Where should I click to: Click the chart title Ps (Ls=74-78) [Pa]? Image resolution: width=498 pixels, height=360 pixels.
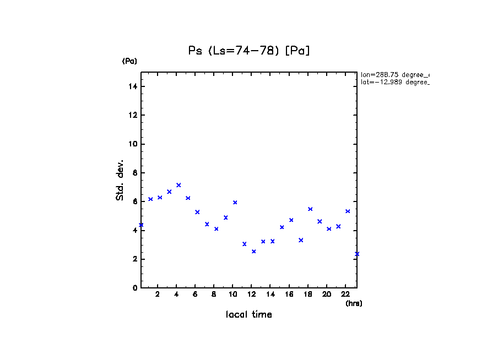(249, 51)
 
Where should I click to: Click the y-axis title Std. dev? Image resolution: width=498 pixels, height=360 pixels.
(120, 180)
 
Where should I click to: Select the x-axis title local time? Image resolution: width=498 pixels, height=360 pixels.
(248, 314)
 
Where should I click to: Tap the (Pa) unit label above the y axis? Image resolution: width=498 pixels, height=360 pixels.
(129, 61)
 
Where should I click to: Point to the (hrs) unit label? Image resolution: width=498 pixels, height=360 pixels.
(354, 303)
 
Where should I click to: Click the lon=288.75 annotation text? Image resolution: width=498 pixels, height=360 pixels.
(394, 74)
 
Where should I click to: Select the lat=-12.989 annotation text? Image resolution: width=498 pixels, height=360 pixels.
(394, 82)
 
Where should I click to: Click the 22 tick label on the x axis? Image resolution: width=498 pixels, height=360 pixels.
(345, 294)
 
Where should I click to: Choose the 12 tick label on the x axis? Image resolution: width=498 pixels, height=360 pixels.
(251, 294)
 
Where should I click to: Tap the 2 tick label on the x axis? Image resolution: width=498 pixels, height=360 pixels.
(158, 294)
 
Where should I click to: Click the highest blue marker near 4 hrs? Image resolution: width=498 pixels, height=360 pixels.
(178, 185)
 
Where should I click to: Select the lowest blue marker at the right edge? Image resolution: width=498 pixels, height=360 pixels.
(357, 254)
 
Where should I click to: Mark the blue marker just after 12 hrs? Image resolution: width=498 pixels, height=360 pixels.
(254, 252)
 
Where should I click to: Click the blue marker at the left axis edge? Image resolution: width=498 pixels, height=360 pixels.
(141, 225)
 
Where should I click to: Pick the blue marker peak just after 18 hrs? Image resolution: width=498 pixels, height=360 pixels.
(310, 209)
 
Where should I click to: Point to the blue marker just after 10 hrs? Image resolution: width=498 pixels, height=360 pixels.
(235, 203)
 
